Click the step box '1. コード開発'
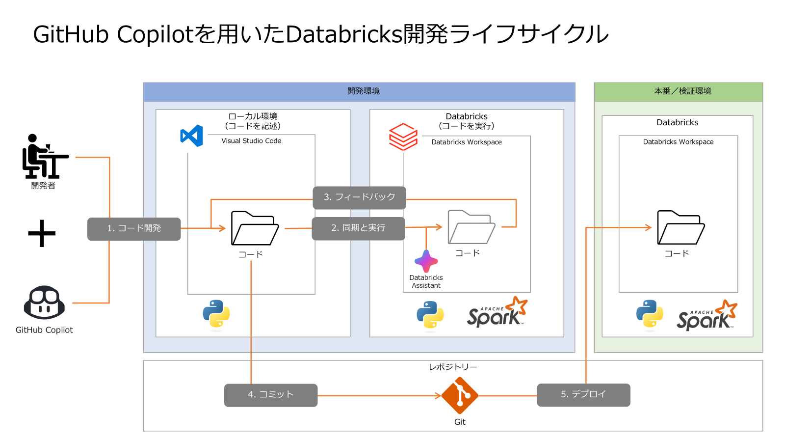134,229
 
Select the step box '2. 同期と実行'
358,228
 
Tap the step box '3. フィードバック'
359,197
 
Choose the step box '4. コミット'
271,395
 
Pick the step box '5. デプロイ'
583,395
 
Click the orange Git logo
460,395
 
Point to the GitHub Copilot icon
44,303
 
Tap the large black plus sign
42,233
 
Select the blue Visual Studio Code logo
192,136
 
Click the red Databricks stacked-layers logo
403,137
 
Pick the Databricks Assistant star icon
426,261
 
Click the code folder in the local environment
255,228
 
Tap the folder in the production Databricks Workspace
680,227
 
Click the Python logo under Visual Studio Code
216,314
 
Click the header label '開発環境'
363,91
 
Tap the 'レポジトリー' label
452,367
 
